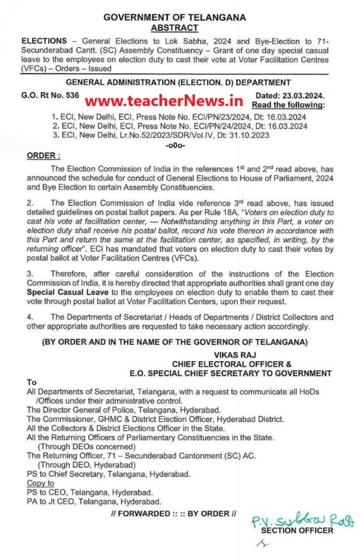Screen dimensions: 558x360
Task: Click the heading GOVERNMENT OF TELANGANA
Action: pyautogui.click(x=175, y=18)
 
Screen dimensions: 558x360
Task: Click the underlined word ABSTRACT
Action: pyautogui.click(x=175, y=28)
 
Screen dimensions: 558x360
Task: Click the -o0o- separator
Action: pyautogui.click(x=175, y=145)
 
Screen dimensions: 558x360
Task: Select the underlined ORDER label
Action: pyautogui.click(x=43, y=156)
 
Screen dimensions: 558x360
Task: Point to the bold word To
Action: pyautogui.click(x=31, y=382)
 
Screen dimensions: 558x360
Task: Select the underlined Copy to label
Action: pyautogui.click(x=40, y=483)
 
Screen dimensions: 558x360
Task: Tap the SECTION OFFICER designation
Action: pyautogui.click(x=297, y=530)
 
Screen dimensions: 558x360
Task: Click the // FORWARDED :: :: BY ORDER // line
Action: pyautogui.click(x=173, y=514)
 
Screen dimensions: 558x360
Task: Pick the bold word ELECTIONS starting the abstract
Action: pyautogui.click(x=44, y=41)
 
